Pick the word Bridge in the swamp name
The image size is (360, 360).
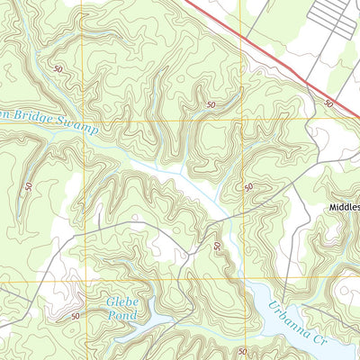36,118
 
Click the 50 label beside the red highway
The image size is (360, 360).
328,104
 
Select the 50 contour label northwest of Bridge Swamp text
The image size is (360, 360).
58,68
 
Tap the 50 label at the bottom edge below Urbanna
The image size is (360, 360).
242,351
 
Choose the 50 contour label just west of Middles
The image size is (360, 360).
248,187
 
